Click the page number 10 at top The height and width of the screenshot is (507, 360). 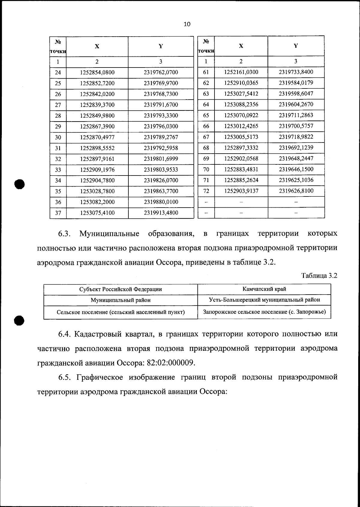click(x=187, y=24)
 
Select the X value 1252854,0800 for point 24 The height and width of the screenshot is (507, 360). click(x=97, y=73)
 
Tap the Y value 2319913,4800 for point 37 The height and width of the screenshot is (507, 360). click(x=161, y=213)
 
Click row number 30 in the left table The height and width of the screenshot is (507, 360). click(x=58, y=137)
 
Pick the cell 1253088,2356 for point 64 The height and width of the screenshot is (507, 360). click(x=241, y=104)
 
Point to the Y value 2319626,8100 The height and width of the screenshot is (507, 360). click(x=296, y=191)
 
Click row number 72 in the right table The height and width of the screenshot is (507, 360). click(x=206, y=191)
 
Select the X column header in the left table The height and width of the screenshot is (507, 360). click(x=97, y=46)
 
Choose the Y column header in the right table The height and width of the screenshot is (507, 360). click(x=296, y=46)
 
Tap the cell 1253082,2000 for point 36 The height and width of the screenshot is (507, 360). click(x=97, y=202)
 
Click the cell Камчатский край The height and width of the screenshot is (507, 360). click(x=264, y=289)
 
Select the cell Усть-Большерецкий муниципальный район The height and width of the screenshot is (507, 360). click(x=264, y=300)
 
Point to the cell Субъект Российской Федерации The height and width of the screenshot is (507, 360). click(x=120, y=289)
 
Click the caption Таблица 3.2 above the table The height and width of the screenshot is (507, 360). click(x=319, y=276)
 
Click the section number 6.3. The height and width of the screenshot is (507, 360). click(x=64, y=234)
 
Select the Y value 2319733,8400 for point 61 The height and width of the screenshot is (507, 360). click(x=296, y=72)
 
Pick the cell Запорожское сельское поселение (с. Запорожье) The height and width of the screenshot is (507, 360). click(x=264, y=312)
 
